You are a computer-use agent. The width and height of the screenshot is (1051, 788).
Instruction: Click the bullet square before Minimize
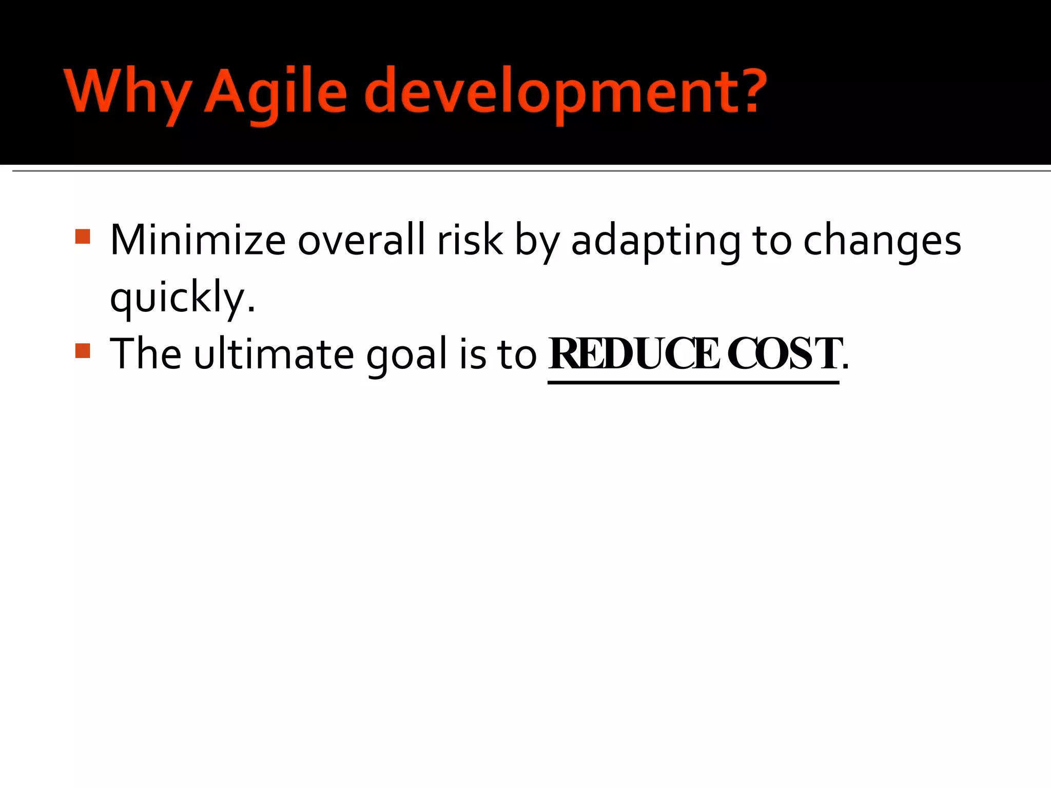tap(83, 237)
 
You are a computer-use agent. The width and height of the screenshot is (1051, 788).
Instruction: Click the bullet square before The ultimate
tap(83, 351)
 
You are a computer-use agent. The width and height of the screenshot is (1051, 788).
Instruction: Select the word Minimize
tap(198, 240)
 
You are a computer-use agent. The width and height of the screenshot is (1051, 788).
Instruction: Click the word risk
tap(470, 240)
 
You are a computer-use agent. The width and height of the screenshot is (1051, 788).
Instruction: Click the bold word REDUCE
tap(634, 354)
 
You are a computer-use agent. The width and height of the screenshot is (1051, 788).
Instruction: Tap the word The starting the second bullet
tap(146, 354)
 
